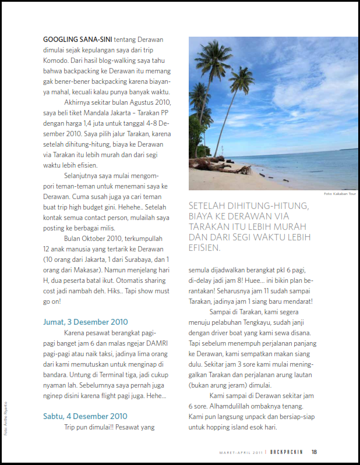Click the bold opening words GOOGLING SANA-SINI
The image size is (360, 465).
[x=77, y=40]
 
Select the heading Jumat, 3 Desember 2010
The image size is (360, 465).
[x=86, y=322]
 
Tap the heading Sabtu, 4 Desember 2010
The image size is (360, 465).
[x=86, y=416]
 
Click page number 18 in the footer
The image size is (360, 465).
[x=314, y=452]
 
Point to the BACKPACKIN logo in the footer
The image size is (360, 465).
[x=286, y=452]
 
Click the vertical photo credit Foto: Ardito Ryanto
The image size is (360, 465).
[x=6, y=416]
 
